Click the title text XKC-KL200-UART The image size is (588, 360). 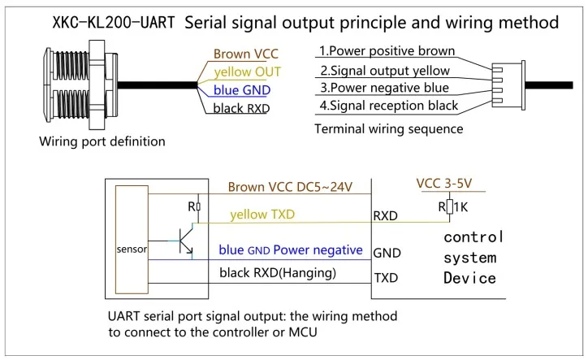coord(114,23)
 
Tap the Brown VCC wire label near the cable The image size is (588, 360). coord(245,54)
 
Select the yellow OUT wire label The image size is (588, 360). coord(248,72)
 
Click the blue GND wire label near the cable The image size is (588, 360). coord(242,90)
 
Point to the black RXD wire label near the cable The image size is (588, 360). coord(241,108)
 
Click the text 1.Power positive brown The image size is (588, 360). coord(387,50)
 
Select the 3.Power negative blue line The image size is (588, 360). coord(384,88)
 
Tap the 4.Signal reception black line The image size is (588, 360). coord(388,106)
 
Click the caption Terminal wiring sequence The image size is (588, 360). coord(389,128)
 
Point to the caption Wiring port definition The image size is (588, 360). coord(102,141)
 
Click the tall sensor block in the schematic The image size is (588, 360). coord(132,240)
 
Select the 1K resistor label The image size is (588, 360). coord(460,207)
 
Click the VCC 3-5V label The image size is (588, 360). coord(444,184)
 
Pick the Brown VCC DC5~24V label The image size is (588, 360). coord(290,187)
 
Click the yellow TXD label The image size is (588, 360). coord(262,215)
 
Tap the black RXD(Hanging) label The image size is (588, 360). coord(278,273)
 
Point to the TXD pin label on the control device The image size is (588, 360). coord(386,278)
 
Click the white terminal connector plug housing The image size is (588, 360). coord(509,85)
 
